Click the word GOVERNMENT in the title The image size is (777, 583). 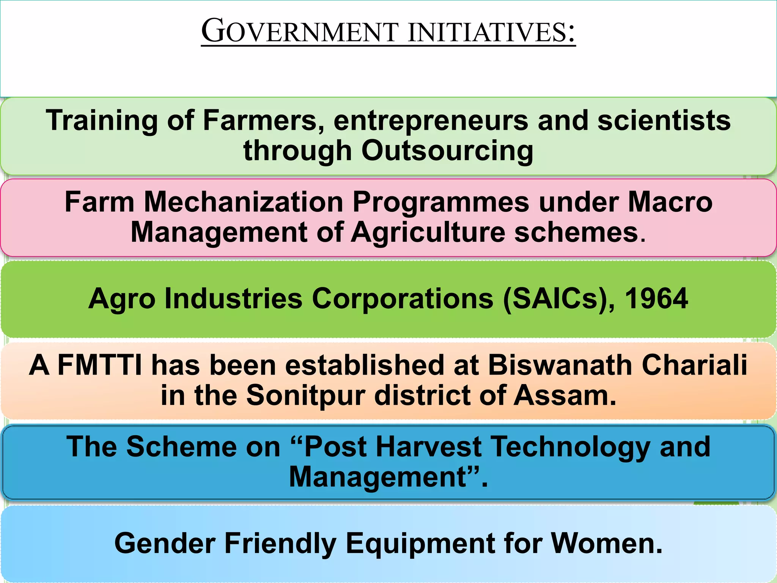[300, 32]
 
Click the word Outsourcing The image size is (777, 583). [447, 151]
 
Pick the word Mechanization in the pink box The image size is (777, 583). [244, 202]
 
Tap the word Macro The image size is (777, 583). [670, 202]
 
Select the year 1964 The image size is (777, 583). [656, 299]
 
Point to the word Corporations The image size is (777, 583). [403, 299]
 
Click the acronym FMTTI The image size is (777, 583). [100, 365]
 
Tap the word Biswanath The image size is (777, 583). [560, 365]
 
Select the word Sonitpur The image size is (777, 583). [306, 395]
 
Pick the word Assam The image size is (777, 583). [565, 395]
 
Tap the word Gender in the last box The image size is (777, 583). [165, 544]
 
